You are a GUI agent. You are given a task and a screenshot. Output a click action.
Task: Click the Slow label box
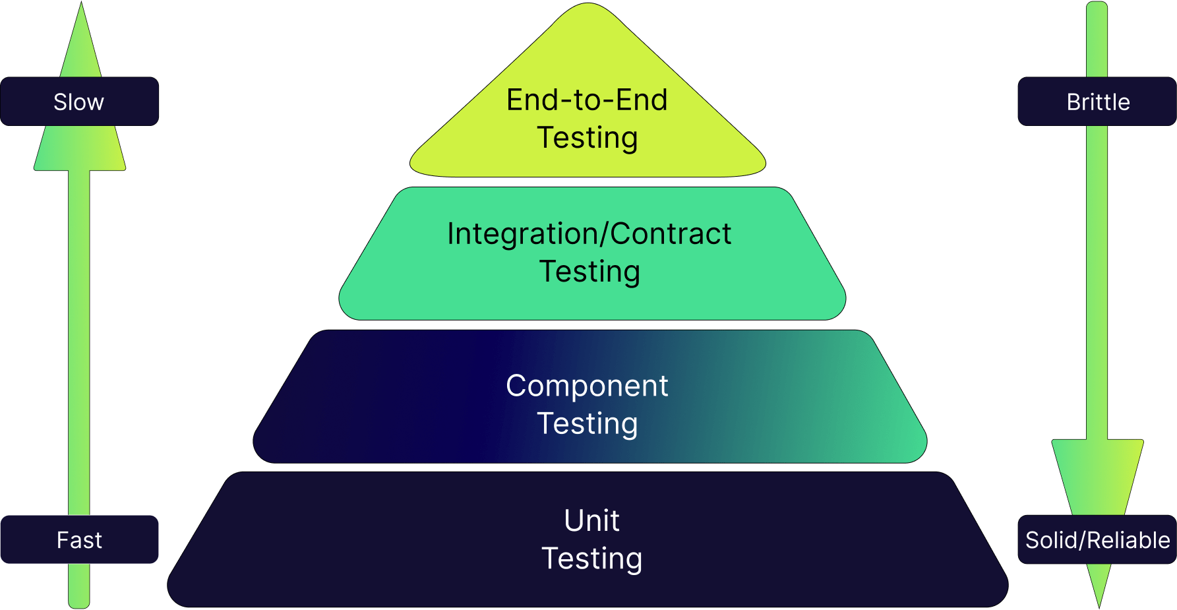[x=79, y=102]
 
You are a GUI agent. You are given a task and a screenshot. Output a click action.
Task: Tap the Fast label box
[x=79, y=539]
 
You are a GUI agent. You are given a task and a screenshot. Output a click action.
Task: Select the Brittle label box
[x=1097, y=102]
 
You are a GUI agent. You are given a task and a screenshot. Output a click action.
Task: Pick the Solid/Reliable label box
[x=1097, y=539]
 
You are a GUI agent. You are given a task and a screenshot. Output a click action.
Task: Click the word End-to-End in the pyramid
[x=587, y=100]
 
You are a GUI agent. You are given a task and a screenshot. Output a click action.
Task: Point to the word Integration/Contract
[x=589, y=233]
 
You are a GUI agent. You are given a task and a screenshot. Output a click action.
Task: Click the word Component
[x=587, y=386]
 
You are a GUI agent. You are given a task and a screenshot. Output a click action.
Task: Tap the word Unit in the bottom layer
[x=591, y=520]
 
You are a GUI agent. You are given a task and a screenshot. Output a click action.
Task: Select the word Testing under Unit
[x=591, y=559]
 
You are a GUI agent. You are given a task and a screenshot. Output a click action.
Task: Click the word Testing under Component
[x=587, y=423]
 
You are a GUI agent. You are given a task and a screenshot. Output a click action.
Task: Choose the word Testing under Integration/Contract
[x=589, y=271]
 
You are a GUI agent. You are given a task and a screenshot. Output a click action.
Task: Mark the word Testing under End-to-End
[x=587, y=138]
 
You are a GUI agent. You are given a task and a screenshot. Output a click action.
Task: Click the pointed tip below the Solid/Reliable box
[x=1099, y=584]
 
